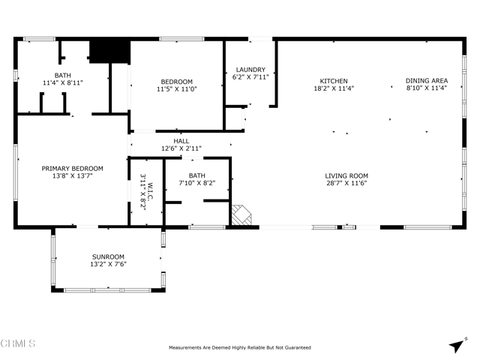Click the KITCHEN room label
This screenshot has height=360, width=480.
[334, 81]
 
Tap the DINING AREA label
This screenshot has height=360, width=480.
[427, 81]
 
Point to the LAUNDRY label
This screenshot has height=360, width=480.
[250, 70]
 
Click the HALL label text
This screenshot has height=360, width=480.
[181, 141]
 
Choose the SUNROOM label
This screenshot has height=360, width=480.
[108, 256]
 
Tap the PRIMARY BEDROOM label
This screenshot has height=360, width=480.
[72, 169]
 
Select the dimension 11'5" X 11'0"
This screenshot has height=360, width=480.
[177, 89]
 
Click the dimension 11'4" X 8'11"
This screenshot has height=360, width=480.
[62, 82]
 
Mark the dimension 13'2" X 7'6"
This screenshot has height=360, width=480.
[108, 264]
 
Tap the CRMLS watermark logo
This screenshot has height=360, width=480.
[18, 344]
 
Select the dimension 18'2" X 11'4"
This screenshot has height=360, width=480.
[334, 88]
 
